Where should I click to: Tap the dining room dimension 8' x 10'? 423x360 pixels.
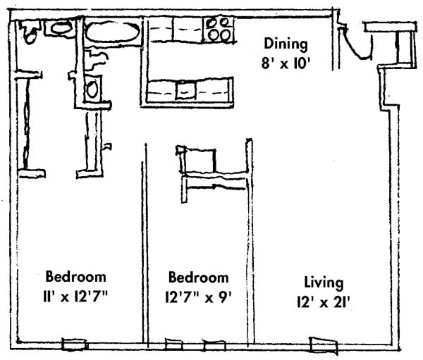click(285, 62)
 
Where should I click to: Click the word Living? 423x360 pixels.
click(324, 283)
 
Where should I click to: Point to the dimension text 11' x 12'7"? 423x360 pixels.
click(76, 295)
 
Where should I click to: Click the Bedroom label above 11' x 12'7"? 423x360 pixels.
click(76, 276)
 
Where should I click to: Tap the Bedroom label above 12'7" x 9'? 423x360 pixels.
click(197, 278)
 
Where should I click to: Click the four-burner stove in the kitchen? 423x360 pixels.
click(219, 30)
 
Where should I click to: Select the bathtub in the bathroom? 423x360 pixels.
click(113, 32)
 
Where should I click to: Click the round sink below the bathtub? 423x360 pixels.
click(92, 89)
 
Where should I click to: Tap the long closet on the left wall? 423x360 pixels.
click(28, 123)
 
